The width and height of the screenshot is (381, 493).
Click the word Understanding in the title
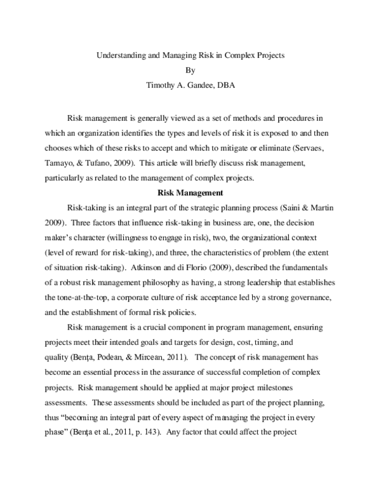pyautogui.click(x=118, y=55)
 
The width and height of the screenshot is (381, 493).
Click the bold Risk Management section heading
pyautogui.click(x=190, y=192)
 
